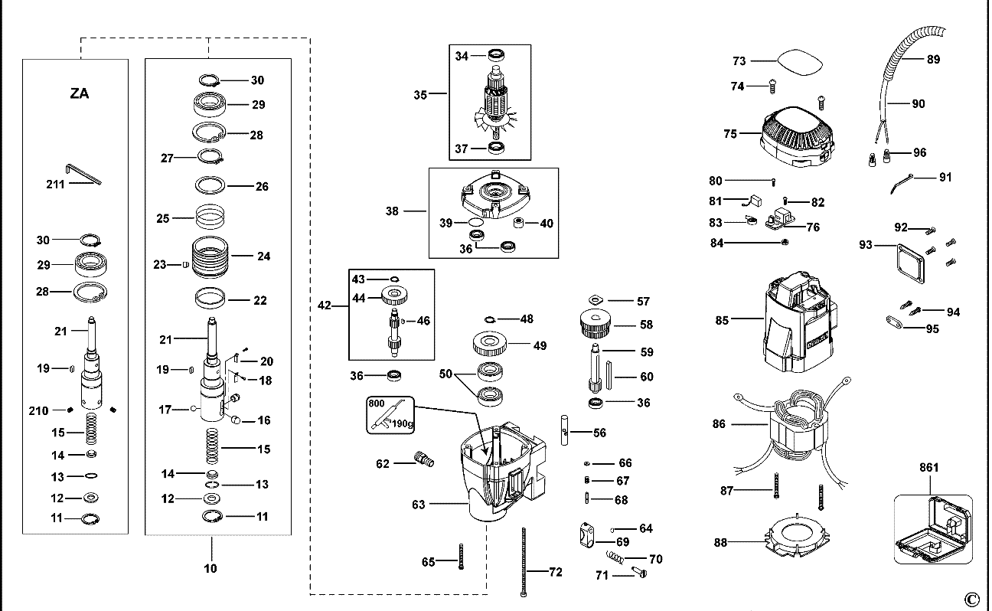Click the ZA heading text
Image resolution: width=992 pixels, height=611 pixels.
[80, 93]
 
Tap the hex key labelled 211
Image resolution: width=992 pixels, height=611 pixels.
[83, 174]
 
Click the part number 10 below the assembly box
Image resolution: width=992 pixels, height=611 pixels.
[210, 568]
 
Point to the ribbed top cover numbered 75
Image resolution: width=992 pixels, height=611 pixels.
[797, 136]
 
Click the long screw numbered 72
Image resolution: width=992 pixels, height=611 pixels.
[524, 562]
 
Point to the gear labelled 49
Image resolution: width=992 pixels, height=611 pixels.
[489, 343]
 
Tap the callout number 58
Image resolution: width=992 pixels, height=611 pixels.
[646, 325]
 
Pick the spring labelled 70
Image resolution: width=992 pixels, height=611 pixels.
[615, 557]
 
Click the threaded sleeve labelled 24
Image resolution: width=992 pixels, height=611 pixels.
[210, 256]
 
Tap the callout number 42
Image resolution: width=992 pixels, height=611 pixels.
[325, 305]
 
